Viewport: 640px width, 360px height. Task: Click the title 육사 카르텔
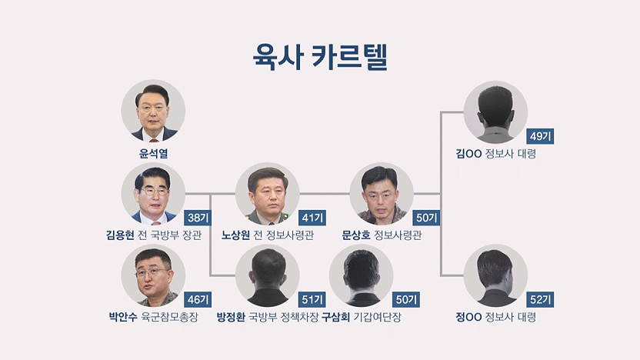pos(320,57)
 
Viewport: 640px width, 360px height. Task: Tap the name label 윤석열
pos(153,154)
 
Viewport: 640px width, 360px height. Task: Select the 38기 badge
pos(198,218)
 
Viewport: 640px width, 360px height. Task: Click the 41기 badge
pos(312,218)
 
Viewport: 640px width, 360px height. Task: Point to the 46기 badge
pos(198,300)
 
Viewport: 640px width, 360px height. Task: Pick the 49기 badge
pos(541,136)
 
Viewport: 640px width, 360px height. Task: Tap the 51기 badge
pos(312,300)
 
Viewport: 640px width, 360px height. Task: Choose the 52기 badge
pos(541,300)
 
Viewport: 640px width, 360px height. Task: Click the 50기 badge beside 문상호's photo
pos(426,218)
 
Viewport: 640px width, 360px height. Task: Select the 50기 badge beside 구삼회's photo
pos(406,300)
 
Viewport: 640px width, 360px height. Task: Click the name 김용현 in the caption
pos(120,235)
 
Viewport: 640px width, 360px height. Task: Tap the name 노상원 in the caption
pos(235,235)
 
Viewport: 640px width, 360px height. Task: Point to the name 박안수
pos(123,317)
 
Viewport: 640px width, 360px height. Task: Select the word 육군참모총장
pos(169,317)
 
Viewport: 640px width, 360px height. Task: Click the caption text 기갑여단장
pos(378,317)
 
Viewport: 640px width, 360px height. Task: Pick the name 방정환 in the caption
pos(231,317)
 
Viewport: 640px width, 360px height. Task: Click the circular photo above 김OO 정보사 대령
pos(495,112)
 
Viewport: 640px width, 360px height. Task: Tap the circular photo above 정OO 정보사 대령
pos(495,275)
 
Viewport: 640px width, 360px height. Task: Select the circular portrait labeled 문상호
pos(382,194)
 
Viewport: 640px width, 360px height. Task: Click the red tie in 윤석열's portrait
pos(154,140)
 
